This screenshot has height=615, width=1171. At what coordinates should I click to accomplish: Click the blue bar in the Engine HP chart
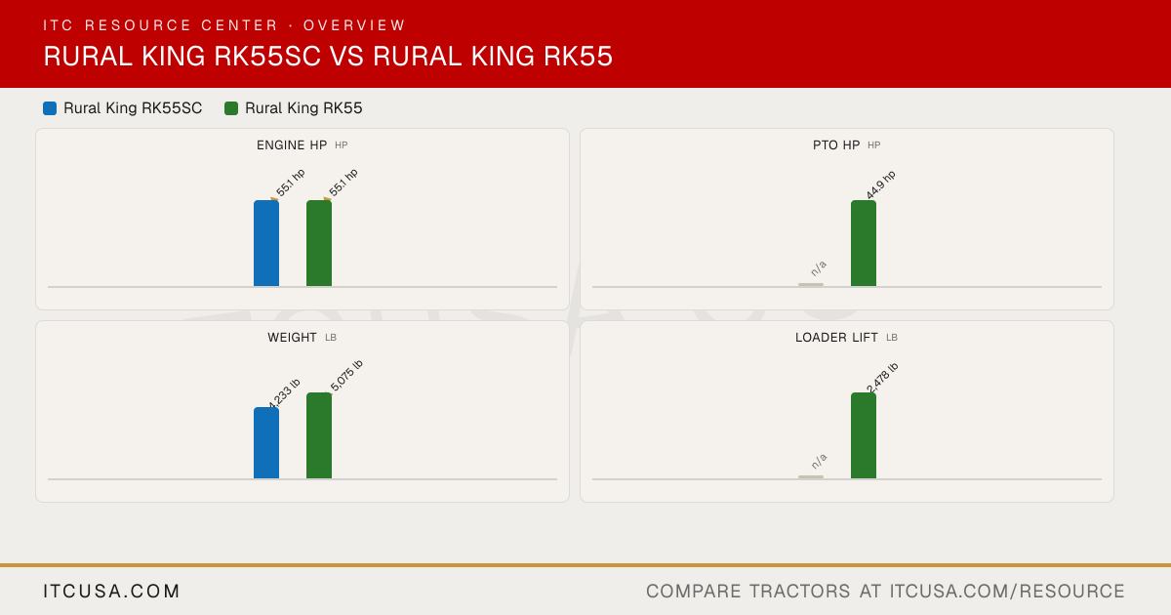pos(266,243)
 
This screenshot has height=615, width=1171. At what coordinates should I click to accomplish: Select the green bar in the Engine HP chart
pos(319,243)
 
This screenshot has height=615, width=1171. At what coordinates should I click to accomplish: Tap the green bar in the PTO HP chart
pos(864,243)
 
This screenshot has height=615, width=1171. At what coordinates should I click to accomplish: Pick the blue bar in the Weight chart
pos(266,443)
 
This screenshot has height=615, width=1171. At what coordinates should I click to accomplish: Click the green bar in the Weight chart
pos(319,435)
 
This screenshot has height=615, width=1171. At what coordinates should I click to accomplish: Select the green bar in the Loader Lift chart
pos(864,435)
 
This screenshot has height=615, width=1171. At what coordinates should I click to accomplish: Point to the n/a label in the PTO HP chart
pos(819,268)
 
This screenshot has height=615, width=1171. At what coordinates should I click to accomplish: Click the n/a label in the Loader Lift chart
pos(819,461)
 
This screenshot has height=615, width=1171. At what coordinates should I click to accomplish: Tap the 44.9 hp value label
pos(881,184)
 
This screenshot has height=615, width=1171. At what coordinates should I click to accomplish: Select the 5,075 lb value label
pos(346,376)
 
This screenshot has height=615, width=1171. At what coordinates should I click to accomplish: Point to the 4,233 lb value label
pos(284,393)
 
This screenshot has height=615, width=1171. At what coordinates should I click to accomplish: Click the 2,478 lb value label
pos(882,377)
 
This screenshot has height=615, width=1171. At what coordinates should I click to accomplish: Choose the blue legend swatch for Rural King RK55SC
pos(50,108)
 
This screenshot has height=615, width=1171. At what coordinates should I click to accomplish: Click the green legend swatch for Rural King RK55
pos(231,108)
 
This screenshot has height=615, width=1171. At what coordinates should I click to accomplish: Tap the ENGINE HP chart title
pos(292,144)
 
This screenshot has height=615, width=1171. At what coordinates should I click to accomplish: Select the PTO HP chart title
pos(836,144)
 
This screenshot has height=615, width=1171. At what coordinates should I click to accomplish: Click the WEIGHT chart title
pos(292,338)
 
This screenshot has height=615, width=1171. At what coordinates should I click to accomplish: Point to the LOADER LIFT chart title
pos(836,338)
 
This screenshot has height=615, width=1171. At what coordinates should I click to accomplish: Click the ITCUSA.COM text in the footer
pos(111,591)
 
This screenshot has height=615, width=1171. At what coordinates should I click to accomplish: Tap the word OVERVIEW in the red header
pos(354,25)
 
